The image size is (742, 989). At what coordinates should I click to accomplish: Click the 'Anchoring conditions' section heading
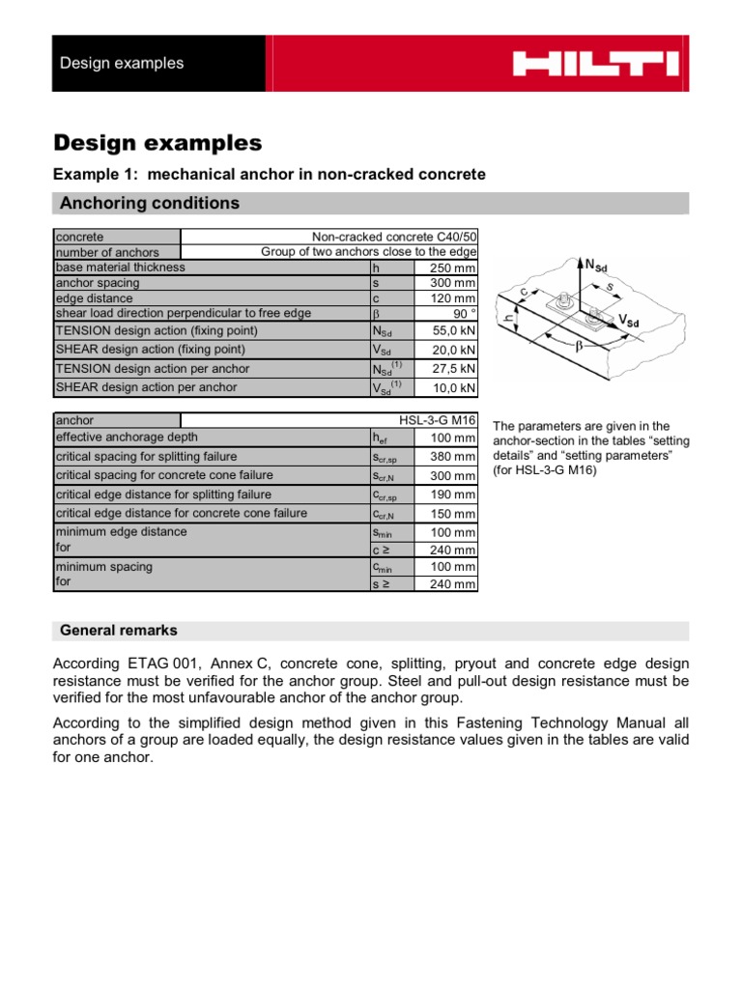[x=150, y=203]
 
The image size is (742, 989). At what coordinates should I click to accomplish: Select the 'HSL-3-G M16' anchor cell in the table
[x=438, y=421]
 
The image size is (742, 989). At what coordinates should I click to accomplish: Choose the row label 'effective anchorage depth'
[x=128, y=438]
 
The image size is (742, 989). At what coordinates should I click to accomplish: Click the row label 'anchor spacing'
[x=98, y=283]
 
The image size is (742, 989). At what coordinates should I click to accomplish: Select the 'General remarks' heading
[x=119, y=630]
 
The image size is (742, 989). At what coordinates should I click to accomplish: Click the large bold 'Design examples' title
[x=157, y=143]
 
